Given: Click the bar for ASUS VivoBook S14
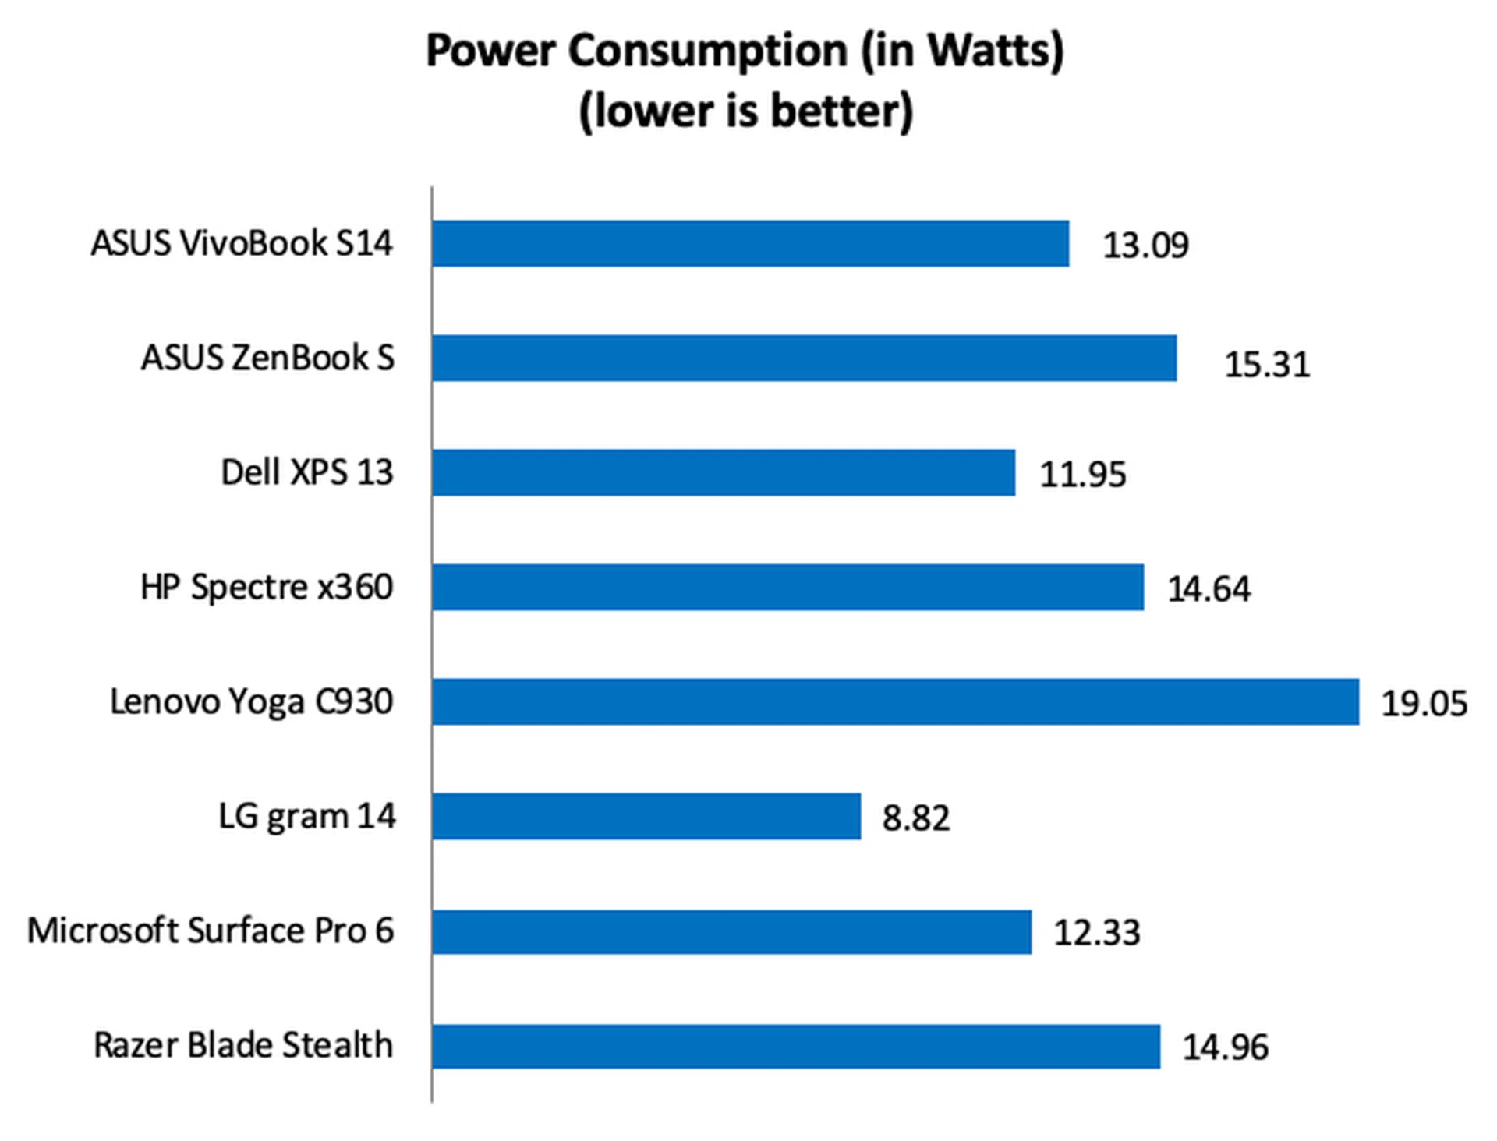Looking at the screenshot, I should click(x=750, y=244).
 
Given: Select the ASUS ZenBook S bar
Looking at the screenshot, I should click(x=804, y=359).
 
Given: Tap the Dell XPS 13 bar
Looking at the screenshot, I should click(x=724, y=473).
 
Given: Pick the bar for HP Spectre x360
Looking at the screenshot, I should click(x=787, y=588).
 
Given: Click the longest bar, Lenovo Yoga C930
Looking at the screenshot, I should click(x=895, y=702).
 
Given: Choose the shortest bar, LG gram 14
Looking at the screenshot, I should click(x=646, y=817).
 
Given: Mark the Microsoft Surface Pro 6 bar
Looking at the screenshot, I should click(x=731, y=932).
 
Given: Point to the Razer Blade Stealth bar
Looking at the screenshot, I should click(x=796, y=1047).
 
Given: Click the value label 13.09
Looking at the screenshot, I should click(x=1145, y=246).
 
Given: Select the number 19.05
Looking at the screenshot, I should click(x=1424, y=704).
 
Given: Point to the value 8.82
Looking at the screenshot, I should click(x=916, y=818).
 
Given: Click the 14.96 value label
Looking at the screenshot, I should click(x=1226, y=1047).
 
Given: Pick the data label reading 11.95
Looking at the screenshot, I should click(x=1083, y=475).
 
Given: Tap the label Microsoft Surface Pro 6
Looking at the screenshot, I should click(x=211, y=931).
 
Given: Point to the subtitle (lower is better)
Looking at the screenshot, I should click(x=745, y=111).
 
